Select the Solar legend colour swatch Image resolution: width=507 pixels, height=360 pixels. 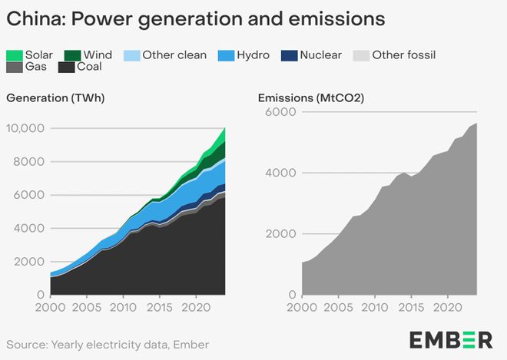(15, 54)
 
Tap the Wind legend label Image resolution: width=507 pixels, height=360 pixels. (98, 54)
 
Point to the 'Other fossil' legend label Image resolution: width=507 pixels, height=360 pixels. (404, 54)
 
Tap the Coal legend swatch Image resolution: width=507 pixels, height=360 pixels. (65, 67)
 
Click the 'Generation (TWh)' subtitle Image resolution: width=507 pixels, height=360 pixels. (55, 98)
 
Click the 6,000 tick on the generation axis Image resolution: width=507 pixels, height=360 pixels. (30, 195)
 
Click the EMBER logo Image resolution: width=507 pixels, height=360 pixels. (450, 339)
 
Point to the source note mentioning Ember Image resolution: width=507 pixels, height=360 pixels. (108, 345)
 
